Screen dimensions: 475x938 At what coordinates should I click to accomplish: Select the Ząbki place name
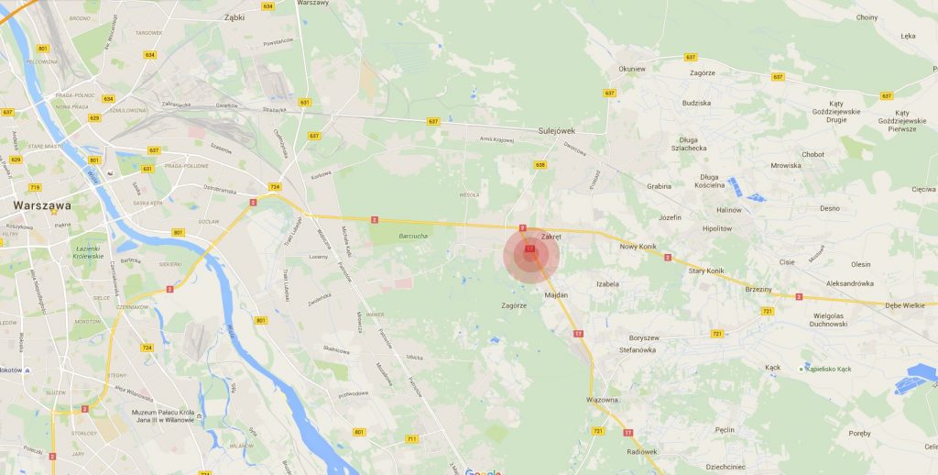234,17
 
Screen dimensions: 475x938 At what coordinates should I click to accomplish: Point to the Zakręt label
550,236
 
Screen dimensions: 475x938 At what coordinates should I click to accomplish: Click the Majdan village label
556,295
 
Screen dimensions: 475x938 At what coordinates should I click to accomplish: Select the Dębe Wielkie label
905,305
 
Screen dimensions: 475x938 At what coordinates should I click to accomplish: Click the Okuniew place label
632,69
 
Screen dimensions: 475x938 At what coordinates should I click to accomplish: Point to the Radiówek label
642,451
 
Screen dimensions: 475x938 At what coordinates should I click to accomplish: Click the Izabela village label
607,284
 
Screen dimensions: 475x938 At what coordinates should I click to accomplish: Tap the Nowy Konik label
638,246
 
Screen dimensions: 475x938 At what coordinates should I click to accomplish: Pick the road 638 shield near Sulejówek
540,165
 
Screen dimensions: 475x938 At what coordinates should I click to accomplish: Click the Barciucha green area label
413,236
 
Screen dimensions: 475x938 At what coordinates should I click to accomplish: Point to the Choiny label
866,17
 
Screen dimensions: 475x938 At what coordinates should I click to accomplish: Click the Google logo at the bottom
483,471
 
